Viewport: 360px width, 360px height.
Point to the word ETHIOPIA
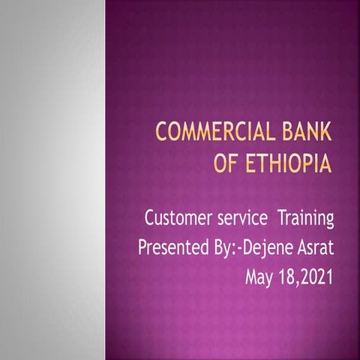(287, 164)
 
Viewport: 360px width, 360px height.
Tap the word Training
(306, 220)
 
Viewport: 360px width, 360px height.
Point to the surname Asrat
(315, 248)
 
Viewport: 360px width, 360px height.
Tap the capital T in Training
(283, 218)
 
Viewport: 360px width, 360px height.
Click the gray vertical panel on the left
(52, 180)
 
